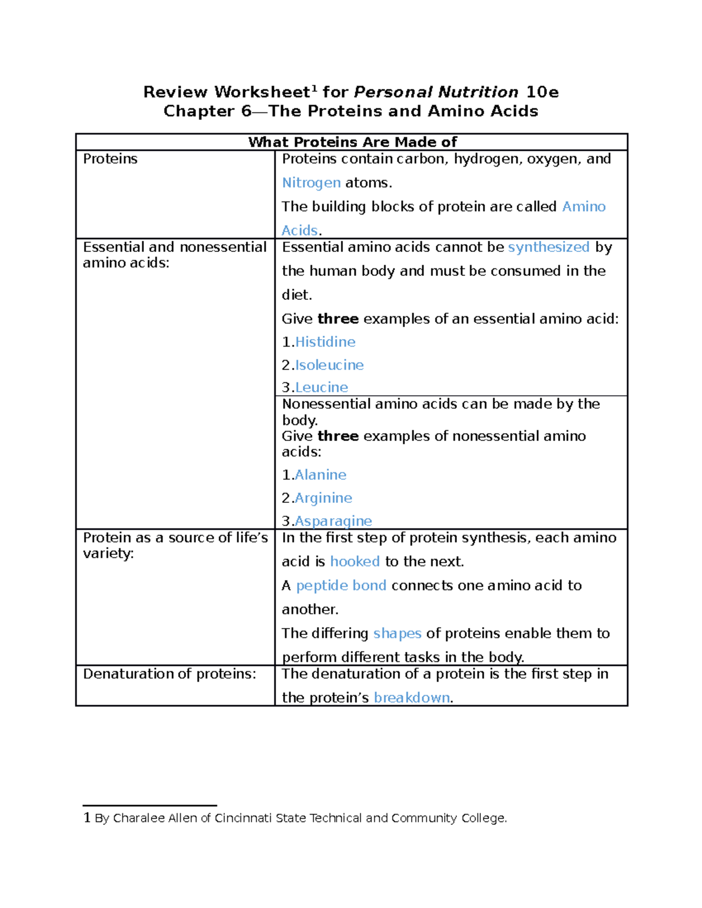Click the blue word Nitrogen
311,183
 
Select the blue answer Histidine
325,342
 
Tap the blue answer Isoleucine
329,365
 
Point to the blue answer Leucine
322,388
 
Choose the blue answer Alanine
321,475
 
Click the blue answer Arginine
324,498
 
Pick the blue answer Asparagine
333,521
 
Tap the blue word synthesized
549,247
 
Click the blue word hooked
355,562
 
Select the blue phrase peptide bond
341,586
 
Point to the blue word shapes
397,634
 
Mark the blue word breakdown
412,698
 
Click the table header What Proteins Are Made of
352,142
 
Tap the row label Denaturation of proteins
170,674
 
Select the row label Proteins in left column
110,159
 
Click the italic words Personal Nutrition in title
436,92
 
